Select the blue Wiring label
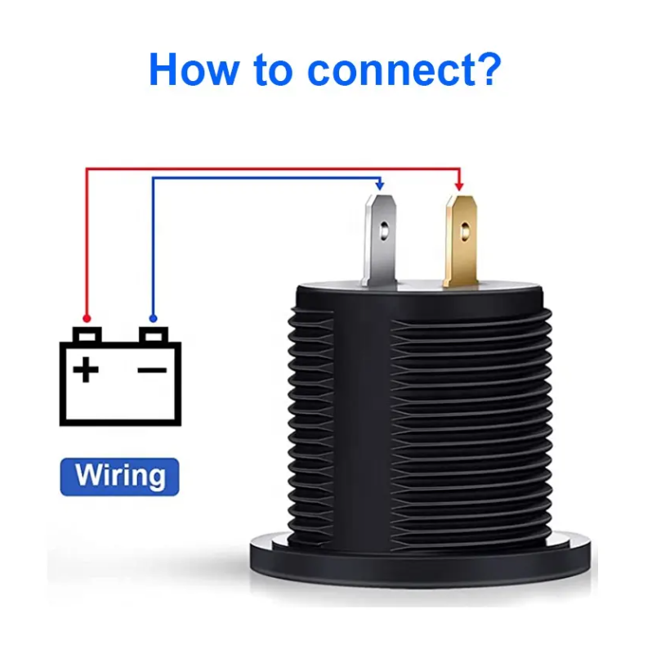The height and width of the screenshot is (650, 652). click(x=119, y=476)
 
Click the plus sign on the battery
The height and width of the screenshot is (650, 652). click(x=86, y=370)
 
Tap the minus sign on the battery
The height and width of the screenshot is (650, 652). click(x=152, y=370)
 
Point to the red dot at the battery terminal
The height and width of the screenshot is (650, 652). click(x=87, y=317)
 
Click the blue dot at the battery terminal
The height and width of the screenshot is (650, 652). click(x=153, y=317)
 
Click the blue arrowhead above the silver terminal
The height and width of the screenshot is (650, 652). click(x=379, y=186)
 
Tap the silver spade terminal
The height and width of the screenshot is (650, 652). click(x=380, y=237)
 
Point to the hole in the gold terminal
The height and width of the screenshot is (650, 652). click(x=462, y=232)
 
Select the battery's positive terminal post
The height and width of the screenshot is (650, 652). click(x=87, y=335)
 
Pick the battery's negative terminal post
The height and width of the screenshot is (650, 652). click(x=153, y=335)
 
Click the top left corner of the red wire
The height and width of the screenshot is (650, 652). click(x=87, y=169)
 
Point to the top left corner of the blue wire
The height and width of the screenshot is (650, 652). click(x=153, y=177)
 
